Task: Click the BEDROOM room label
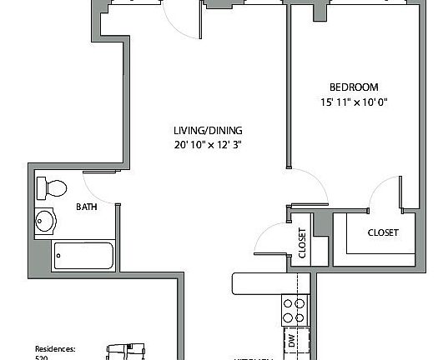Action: [x=354, y=87]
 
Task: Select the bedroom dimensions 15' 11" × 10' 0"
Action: [x=354, y=103]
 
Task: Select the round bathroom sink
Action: [x=47, y=221]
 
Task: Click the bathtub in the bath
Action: [x=84, y=256]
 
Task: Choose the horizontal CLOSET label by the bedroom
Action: [x=383, y=232]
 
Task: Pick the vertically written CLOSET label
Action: [x=302, y=243]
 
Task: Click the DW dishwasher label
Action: [x=292, y=340]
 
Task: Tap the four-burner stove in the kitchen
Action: [x=293, y=310]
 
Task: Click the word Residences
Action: [x=55, y=349]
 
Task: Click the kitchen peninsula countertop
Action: [x=267, y=283]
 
